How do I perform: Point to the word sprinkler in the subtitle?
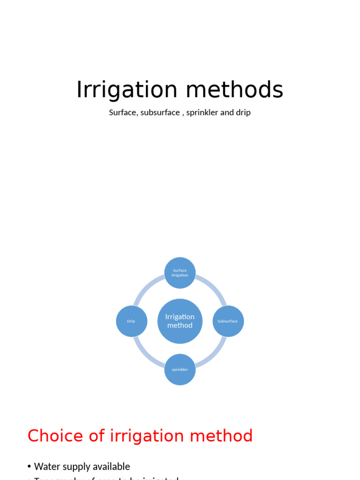202,112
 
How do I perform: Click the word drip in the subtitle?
243,112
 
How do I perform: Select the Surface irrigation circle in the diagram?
180,273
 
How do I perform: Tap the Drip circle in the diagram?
131,321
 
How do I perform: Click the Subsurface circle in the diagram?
228,321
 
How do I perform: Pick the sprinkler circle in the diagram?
180,369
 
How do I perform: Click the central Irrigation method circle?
180,321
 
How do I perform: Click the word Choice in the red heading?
56,436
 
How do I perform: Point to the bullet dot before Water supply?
30,467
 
